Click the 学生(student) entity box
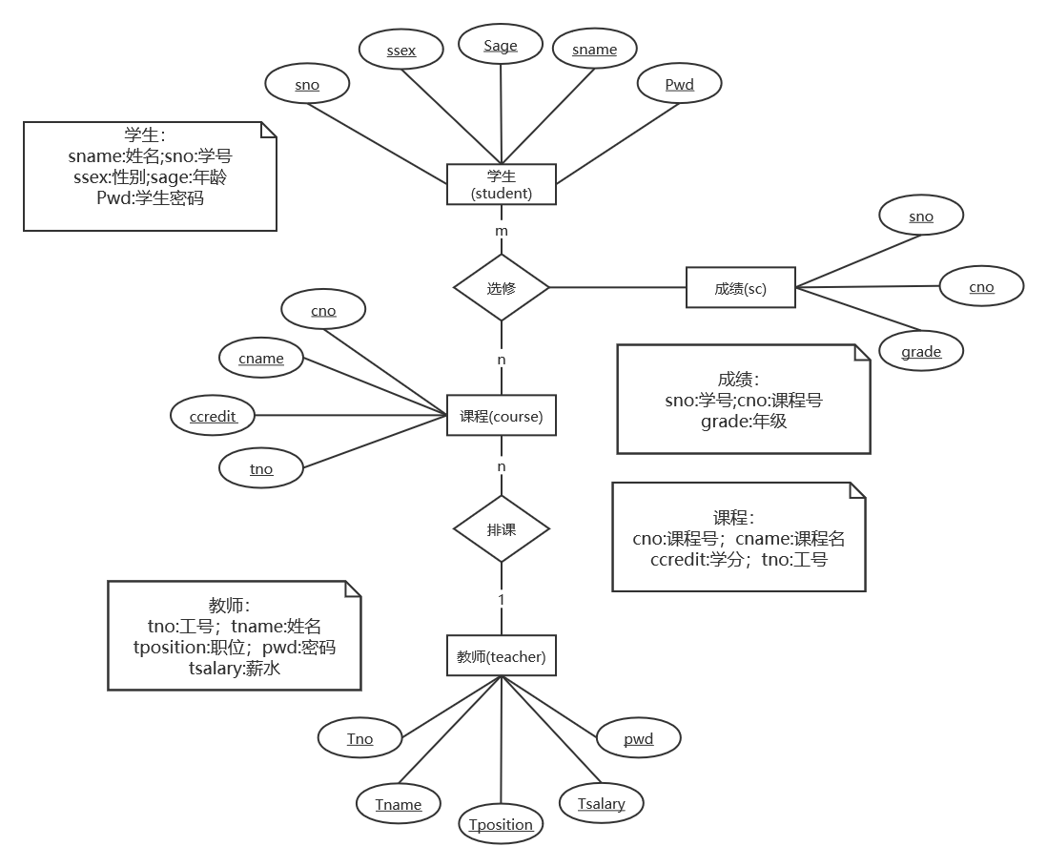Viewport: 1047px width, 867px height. pyautogui.click(x=501, y=184)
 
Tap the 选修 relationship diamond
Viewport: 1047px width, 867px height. pyautogui.click(x=501, y=287)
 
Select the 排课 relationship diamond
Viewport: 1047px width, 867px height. pyautogui.click(x=501, y=528)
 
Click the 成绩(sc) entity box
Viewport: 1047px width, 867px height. pyautogui.click(x=740, y=288)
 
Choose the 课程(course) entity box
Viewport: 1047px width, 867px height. pyautogui.click(x=501, y=416)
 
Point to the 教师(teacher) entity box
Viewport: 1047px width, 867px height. pyautogui.click(x=501, y=656)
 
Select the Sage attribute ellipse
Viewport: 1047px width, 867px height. pyautogui.click(x=500, y=46)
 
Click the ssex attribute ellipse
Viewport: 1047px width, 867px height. pyautogui.click(x=401, y=50)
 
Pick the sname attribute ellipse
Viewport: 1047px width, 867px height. pyautogui.click(x=594, y=50)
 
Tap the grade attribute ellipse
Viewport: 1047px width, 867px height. pyautogui.click(x=921, y=352)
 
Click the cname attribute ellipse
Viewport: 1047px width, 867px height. pyautogui.click(x=261, y=359)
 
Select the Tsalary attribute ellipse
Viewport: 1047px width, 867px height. pyautogui.click(x=601, y=803)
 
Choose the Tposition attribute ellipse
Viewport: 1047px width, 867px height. pyautogui.click(x=501, y=824)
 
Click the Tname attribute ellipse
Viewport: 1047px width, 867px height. pyautogui.click(x=398, y=804)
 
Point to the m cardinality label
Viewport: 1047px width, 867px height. pyautogui.click(x=501, y=231)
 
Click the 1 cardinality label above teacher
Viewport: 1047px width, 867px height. pyautogui.click(x=501, y=600)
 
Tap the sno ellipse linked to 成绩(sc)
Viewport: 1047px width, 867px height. pyautogui.click(x=920, y=217)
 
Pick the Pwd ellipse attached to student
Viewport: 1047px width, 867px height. pyautogui.click(x=679, y=85)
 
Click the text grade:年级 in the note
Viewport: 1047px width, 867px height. pyautogui.click(x=743, y=421)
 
